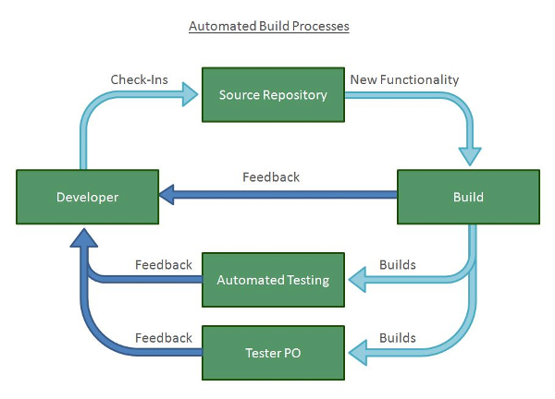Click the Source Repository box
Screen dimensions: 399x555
tap(273, 94)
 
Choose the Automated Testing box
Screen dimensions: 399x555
tap(273, 279)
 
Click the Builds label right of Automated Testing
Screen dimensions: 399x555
tap(397, 266)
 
